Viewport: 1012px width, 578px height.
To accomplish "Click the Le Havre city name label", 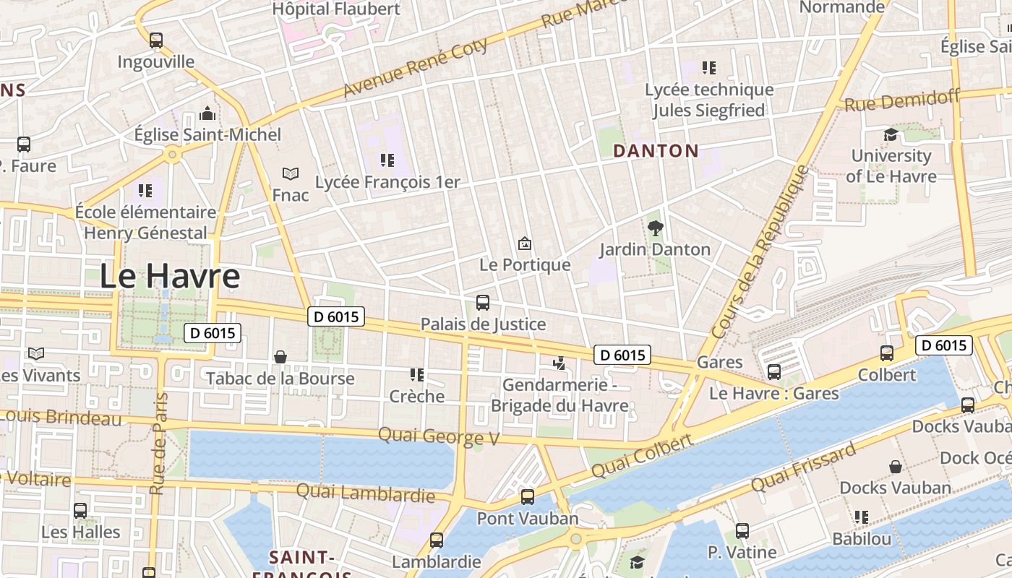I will tap(169, 276).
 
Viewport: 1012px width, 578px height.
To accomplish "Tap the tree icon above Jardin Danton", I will tap(656, 228).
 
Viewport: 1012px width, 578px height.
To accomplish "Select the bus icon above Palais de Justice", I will tap(483, 303).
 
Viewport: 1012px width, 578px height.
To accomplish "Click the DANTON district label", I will tap(656, 151).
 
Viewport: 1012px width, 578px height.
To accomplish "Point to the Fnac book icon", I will tap(291, 173).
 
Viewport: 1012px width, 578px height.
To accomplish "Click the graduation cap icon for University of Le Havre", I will tap(891, 134).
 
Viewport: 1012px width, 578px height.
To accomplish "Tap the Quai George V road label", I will tap(439, 436).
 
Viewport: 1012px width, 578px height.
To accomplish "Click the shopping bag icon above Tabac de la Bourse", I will tap(280, 357).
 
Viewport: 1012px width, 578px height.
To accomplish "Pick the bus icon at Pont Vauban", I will tap(528, 496).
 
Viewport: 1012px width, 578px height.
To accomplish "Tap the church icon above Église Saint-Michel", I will tap(208, 113).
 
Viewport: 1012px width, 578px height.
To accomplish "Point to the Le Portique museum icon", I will tap(525, 243).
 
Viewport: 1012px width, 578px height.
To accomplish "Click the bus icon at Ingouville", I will tap(156, 40).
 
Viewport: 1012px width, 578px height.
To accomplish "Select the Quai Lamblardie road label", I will tap(365, 493).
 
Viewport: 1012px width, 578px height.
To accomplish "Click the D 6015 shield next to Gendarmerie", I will tap(622, 355).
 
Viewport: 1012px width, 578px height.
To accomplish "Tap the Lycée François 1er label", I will tap(387, 182).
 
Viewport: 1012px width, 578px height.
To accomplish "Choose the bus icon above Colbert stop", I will tap(887, 353).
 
